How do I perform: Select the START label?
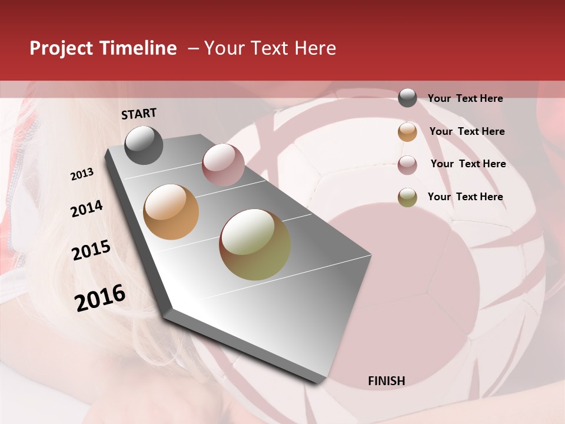[139, 114]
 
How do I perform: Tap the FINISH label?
[386, 381]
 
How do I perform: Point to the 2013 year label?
[82, 174]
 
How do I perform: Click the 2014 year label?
[87, 208]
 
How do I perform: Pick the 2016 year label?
[100, 297]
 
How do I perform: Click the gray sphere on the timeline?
[144, 145]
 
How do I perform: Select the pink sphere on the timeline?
[223, 165]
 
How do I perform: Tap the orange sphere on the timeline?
[171, 212]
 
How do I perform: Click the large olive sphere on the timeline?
[255, 244]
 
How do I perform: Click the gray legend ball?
[407, 98]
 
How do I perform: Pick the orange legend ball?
[407, 131]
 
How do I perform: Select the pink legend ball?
[407, 164]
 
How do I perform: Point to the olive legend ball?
[407, 197]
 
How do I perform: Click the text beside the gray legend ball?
[465, 98]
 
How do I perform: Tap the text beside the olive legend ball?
[465, 197]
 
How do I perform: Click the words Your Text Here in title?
[270, 48]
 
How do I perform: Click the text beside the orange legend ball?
[467, 131]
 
